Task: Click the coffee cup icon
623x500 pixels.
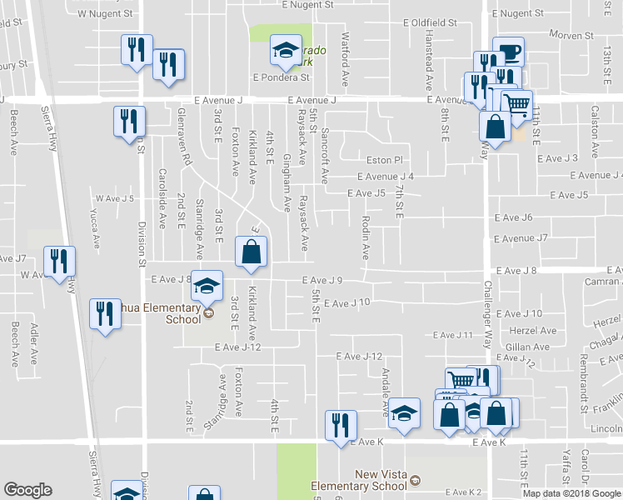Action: point(508,52)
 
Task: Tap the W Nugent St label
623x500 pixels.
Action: point(104,14)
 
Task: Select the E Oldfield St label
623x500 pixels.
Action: point(430,23)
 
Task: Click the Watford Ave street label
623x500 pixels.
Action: point(345,59)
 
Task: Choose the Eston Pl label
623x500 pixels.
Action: point(385,160)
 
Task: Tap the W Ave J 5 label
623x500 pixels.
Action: point(114,198)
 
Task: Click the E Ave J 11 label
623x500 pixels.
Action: point(451,335)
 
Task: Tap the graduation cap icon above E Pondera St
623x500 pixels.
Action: point(285,51)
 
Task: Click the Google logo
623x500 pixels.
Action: point(27,490)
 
